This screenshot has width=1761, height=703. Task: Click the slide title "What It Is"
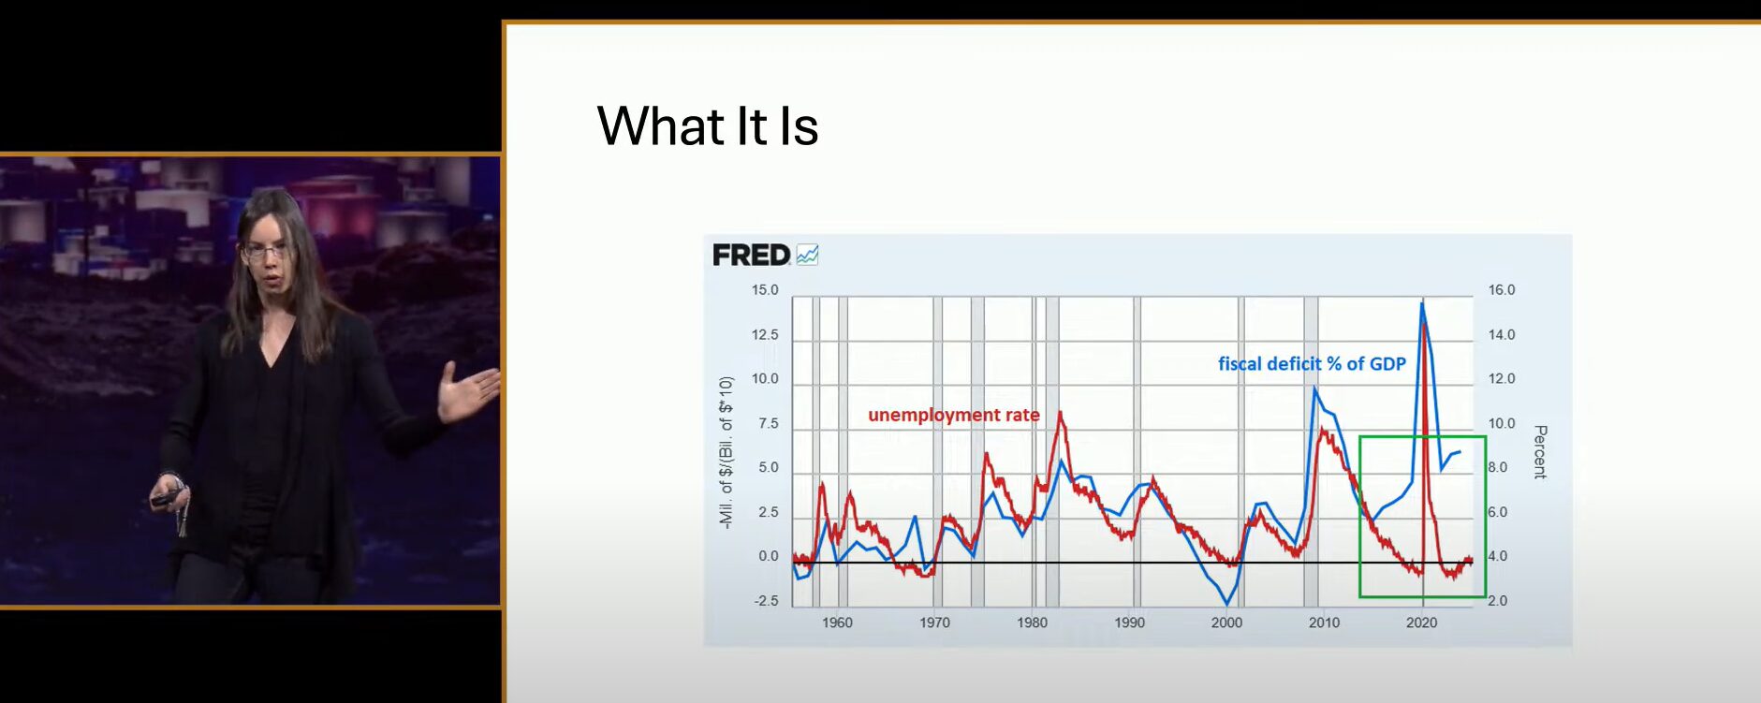point(708,126)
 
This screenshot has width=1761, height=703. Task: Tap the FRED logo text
point(752,255)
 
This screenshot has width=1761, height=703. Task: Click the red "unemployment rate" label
point(953,415)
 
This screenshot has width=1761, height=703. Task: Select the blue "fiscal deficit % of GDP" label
point(1312,364)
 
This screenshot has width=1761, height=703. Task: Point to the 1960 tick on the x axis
point(837,622)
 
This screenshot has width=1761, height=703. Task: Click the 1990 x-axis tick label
point(1129,622)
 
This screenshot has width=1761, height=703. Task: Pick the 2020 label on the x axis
point(1421,622)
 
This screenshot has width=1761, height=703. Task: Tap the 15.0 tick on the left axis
point(765,290)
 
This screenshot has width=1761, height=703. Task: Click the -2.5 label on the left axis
point(767,601)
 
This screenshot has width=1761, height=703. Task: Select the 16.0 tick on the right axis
point(1502,290)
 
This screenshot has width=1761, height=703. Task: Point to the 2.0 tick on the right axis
point(1498,601)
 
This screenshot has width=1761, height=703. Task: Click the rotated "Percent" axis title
point(1540,452)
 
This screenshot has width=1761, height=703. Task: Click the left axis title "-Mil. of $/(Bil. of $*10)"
point(726,452)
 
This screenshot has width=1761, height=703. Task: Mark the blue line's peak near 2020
point(1422,302)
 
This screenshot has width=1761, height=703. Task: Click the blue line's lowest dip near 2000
point(1226,604)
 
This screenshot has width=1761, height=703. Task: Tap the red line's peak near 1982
point(1061,413)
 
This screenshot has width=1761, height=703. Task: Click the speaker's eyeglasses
point(264,252)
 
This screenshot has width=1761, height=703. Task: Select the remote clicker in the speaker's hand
point(167,498)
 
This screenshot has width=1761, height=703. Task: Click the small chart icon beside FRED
point(807,255)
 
